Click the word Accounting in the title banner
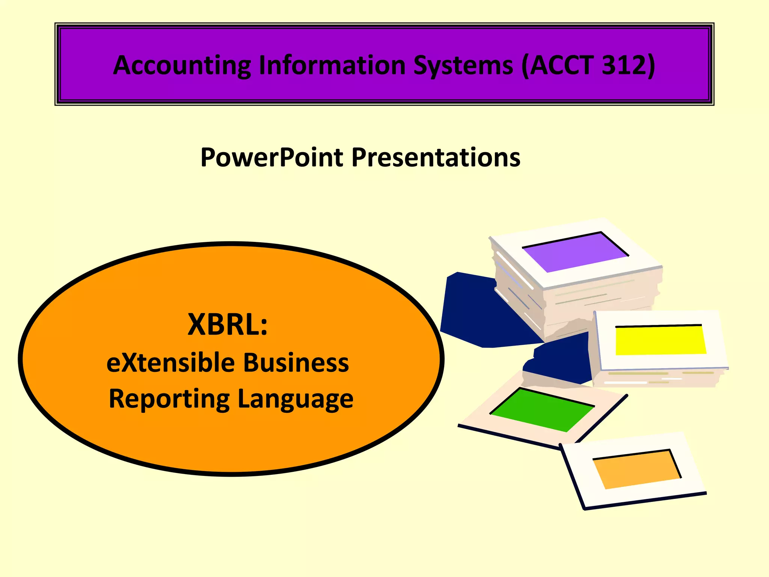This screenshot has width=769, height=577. pyautogui.click(x=182, y=66)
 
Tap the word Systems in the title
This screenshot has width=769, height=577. pyautogui.click(x=463, y=66)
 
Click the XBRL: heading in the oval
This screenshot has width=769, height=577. pyautogui.click(x=228, y=324)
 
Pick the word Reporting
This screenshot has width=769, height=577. pyautogui.click(x=169, y=399)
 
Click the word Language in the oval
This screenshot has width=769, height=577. pyautogui.click(x=296, y=399)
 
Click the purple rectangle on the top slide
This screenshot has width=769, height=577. pyautogui.click(x=574, y=251)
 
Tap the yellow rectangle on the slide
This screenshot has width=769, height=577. pyautogui.click(x=660, y=340)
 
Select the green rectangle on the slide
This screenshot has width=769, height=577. pyautogui.click(x=541, y=409)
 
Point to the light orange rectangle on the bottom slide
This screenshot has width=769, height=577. pyautogui.click(x=637, y=470)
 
